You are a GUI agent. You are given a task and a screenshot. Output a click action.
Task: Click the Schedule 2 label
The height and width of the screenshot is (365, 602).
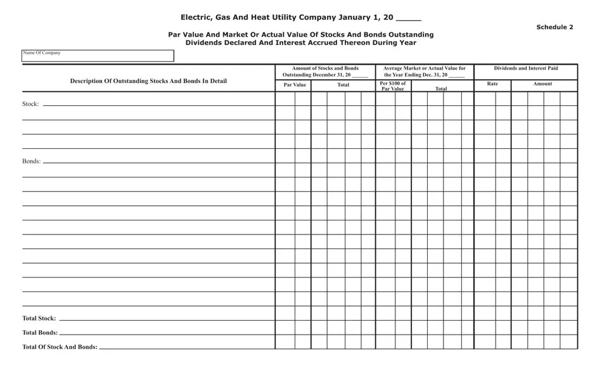click(554, 27)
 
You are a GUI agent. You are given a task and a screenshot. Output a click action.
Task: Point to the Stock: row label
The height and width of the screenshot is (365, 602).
click(30, 104)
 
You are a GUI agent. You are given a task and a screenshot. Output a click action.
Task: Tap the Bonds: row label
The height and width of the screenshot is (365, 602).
click(31, 161)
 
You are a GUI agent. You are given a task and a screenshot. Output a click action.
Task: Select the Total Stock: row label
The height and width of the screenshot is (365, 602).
click(39, 318)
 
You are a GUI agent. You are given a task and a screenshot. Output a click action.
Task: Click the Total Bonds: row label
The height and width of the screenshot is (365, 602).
click(39, 333)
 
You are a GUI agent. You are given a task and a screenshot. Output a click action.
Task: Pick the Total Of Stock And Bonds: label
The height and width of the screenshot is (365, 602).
click(60, 347)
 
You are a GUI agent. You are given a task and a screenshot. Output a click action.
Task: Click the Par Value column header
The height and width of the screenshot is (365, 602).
click(295, 84)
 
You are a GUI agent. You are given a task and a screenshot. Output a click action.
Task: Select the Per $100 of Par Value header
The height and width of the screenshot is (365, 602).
click(393, 86)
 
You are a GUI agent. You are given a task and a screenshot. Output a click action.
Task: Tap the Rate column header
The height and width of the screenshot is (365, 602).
click(492, 84)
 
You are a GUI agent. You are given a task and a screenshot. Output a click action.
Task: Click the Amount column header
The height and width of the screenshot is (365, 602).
click(542, 84)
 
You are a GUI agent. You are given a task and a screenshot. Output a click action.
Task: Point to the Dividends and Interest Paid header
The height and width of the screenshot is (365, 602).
click(526, 68)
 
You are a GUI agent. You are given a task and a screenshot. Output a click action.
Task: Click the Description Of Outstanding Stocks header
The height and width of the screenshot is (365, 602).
click(148, 81)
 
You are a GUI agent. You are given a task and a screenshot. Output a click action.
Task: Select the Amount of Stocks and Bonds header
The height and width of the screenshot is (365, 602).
click(325, 68)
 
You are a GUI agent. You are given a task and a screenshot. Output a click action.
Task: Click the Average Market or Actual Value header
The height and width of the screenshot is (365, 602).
click(425, 68)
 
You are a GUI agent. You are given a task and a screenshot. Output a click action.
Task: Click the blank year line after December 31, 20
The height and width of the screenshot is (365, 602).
click(359, 76)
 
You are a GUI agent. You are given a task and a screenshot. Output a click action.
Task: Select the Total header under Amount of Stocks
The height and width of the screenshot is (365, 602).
click(343, 84)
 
